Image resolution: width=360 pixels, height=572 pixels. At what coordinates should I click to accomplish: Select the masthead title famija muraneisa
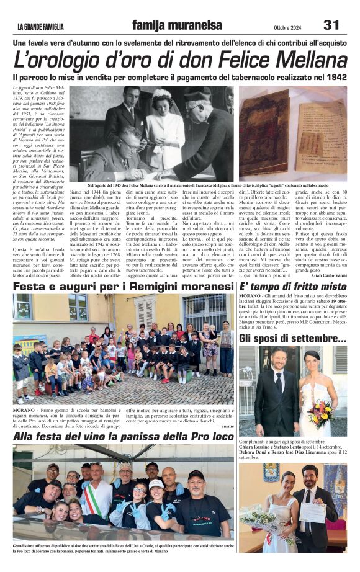pyautogui.click(x=176, y=25)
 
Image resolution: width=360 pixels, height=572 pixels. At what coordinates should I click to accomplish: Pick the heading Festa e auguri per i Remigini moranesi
pyautogui.click(x=124, y=287)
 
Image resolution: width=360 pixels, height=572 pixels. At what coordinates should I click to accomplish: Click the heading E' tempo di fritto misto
pyautogui.click(x=293, y=287)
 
